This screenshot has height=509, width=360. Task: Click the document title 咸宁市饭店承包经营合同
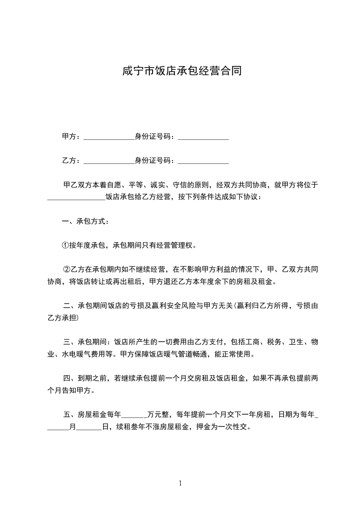(180, 71)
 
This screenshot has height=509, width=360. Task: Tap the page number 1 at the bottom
(180, 483)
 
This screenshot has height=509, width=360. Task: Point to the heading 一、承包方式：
(85, 221)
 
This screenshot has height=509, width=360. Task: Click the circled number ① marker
(65, 245)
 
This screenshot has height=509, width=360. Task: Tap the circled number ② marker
(66, 270)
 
